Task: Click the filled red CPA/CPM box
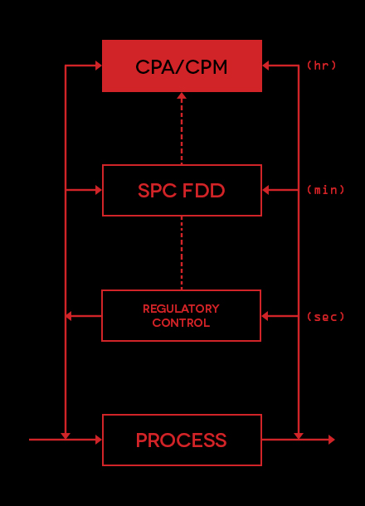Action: (x=182, y=66)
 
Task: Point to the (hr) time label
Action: (x=321, y=66)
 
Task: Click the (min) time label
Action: (x=326, y=190)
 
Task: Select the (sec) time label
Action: (x=326, y=317)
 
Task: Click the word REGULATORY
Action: (x=181, y=309)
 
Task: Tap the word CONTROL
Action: (x=181, y=323)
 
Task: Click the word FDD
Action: (x=203, y=191)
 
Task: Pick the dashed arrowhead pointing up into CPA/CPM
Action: (x=182, y=96)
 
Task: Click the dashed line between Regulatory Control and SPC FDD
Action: (x=182, y=253)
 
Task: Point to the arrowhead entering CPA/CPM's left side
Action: (x=99, y=66)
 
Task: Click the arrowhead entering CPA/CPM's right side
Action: (x=265, y=66)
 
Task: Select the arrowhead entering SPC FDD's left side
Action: (x=99, y=190)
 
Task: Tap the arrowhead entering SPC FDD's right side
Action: (x=265, y=190)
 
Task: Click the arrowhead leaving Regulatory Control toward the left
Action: (x=68, y=316)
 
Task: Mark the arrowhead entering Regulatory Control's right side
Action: (x=265, y=316)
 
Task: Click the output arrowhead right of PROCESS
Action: (x=332, y=440)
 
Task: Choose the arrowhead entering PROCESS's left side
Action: (x=99, y=440)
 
